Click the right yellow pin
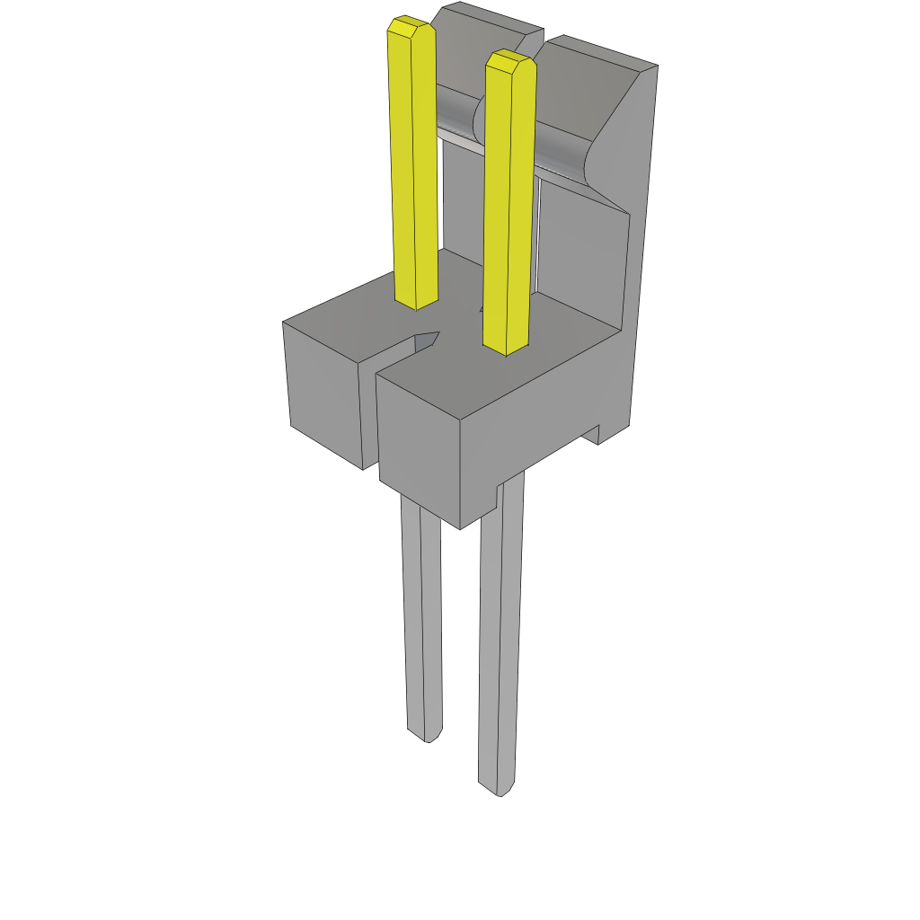click(509, 207)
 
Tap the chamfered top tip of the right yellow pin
click(509, 61)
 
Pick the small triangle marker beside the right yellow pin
click(482, 309)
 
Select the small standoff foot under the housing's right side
click(598, 435)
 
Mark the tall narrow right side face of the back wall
click(638, 270)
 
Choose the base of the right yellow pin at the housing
click(506, 346)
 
